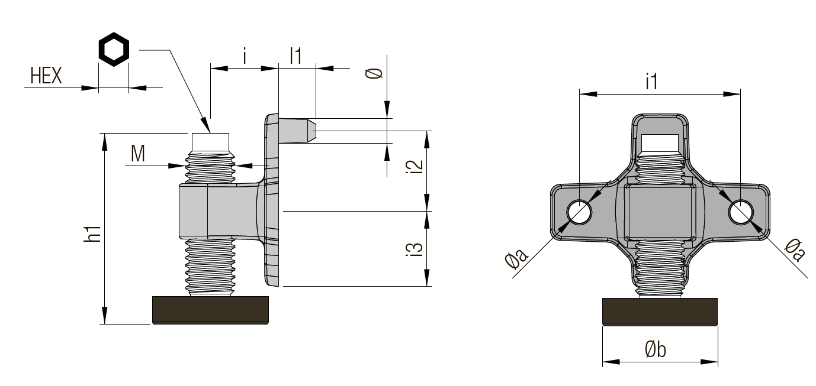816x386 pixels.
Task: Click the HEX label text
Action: pos(46,76)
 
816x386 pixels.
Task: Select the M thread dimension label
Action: pos(138,154)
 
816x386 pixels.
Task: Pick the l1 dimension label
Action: pos(296,56)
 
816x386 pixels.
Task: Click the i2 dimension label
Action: pos(416,166)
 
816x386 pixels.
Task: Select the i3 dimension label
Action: pos(416,249)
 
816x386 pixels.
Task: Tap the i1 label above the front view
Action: pos(651,82)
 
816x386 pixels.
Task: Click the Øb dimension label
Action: pos(656,350)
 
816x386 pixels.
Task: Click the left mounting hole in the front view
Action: pos(579,212)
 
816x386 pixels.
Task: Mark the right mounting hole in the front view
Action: pos(741,212)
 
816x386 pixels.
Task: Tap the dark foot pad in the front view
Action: pos(660,312)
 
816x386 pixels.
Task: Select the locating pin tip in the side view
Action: pos(313,130)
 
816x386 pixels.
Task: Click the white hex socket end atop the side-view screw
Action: pos(211,141)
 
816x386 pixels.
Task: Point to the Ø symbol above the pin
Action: pos(374,74)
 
